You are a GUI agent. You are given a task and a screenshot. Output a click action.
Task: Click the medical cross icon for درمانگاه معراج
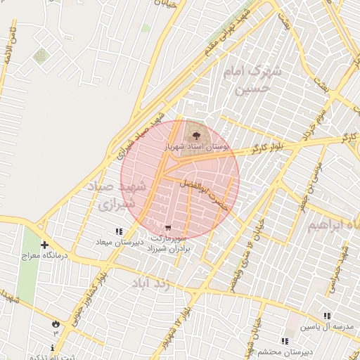45,245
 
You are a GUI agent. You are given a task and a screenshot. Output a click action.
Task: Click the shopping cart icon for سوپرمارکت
167,227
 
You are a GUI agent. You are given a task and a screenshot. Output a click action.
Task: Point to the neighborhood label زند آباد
151,283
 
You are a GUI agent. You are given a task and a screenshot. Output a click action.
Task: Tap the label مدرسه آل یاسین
324,328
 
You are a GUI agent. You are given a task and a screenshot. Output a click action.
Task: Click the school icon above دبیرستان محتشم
285,340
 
